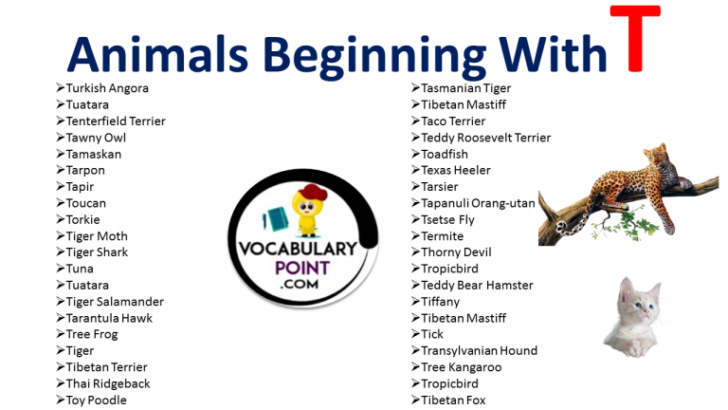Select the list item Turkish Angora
tap(106, 88)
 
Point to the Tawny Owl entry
tap(96, 138)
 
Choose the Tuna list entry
tap(80, 269)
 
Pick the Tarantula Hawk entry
tap(109, 318)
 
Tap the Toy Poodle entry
tap(96, 400)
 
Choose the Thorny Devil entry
tap(457, 252)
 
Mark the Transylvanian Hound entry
tap(479, 350)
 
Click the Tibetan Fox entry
tap(453, 400)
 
